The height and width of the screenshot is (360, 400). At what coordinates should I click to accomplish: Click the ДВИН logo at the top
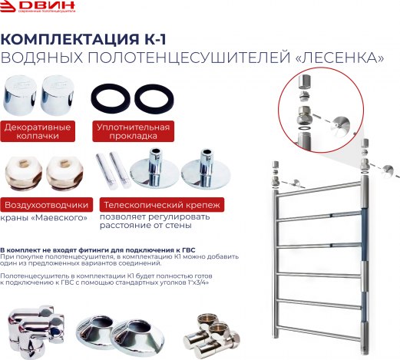click(x=38, y=6)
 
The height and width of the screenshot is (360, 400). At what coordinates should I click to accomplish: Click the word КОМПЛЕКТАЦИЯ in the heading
click(x=69, y=39)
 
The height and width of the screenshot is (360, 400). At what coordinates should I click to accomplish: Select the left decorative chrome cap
click(x=20, y=95)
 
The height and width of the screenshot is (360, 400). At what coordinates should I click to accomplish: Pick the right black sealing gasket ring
click(x=154, y=98)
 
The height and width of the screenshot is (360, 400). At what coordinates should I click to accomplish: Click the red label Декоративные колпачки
click(x=38, y=131)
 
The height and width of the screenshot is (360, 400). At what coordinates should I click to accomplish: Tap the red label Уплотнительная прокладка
click(x=133, y=131)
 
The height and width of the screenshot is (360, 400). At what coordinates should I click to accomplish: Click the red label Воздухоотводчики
click(x=46, y=205)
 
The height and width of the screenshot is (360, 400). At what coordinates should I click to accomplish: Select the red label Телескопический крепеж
click(x=162, y=205)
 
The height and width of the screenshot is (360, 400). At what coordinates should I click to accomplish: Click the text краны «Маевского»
click(x=44, y=218)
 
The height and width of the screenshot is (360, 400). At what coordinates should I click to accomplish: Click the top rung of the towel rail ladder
click(x=319, y=189)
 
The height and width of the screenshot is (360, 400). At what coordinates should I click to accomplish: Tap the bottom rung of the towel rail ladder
click(x=319, y=332)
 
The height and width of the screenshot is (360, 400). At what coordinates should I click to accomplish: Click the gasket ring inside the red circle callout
click(x=304, y=127)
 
